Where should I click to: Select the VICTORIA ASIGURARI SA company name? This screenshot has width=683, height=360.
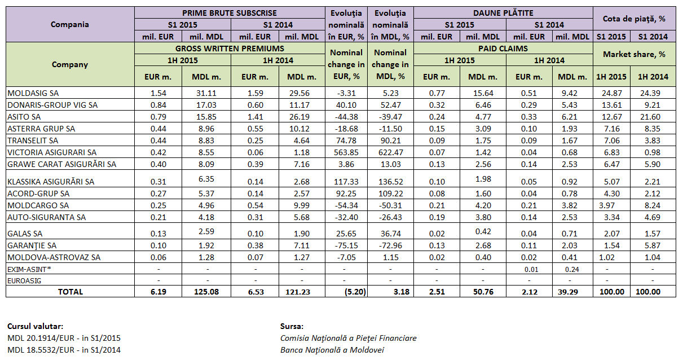(52, 152)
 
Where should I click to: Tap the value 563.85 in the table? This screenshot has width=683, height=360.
(345, 152)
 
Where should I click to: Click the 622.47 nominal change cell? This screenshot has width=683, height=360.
(390, 152)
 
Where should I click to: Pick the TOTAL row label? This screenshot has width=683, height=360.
(70, 292)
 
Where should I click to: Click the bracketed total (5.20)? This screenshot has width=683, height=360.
(345, 292)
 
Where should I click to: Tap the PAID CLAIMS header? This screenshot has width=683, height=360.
(504, 49)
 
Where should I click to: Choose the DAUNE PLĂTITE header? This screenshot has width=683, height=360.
(504, 12)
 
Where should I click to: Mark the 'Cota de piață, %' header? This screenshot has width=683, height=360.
(634, 19)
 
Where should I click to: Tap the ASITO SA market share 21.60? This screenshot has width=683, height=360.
(655, 116)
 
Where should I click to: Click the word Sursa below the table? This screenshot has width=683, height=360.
(291, 326)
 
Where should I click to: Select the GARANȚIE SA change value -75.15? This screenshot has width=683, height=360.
(345, 245)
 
